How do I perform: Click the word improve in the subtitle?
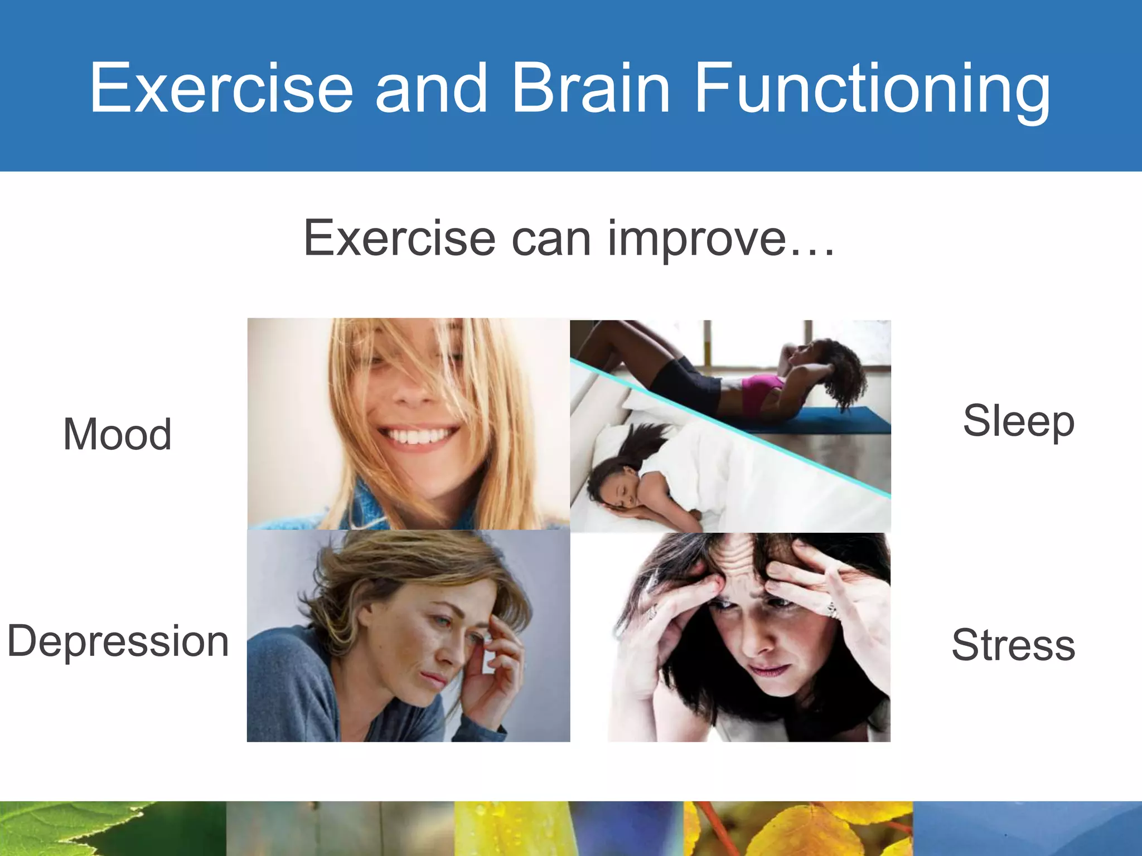[696, 239]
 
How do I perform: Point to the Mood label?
[117, 434]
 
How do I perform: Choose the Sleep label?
[1018, 421]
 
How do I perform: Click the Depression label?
[118, 641]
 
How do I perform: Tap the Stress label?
[1013, 645]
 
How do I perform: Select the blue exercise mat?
[836, 421]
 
